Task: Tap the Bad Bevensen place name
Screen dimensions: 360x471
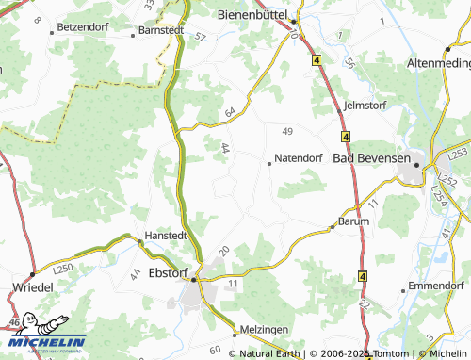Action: [372, 158]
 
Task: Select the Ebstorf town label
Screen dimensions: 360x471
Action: [150, 273]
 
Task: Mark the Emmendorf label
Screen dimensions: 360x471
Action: [439, 286]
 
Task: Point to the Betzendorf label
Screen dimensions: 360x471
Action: [84, 27]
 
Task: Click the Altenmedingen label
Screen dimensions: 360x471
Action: [438, 62]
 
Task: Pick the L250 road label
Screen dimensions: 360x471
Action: [64, 269]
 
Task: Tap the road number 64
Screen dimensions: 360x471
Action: [230, 113]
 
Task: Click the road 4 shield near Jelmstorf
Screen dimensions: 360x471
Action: [347, 137]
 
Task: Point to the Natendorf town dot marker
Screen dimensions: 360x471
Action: [269, 163]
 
